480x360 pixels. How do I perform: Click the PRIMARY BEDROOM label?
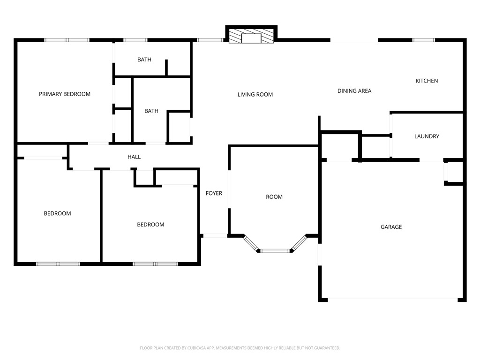pos(65,94)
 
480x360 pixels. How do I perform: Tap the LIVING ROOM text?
pos(255,95)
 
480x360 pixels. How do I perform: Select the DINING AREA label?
pos(354,91)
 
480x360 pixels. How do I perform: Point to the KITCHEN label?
pos(427,81)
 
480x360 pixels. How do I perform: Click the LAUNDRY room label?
pos(427,137)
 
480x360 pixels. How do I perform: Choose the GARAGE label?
pos(391,227)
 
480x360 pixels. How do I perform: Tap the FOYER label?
pos(214,194)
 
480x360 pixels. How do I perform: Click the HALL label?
pos(134,157)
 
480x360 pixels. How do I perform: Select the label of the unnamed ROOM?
pos(274,197)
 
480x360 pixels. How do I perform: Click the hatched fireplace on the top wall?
pos(251,37)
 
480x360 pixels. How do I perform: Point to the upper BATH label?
pos(144,60)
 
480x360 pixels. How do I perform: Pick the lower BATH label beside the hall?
pos(151,111)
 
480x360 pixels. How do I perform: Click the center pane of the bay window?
pos(275,251)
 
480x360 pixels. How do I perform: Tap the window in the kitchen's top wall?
pos(424,40)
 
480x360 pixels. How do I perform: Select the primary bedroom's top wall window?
pos(67,40)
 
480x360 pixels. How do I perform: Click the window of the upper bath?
pos(135,40)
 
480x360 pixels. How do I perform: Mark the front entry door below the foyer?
pos(215,235)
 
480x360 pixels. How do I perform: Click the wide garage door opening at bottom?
pos(393,299)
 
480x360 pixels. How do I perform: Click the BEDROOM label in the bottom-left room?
pos(57,214)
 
